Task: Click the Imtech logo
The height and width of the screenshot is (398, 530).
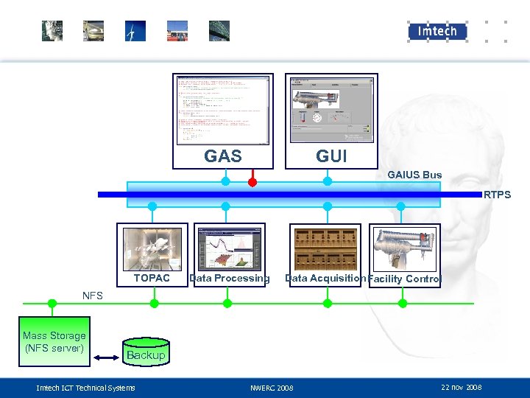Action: click(x=438, y=31)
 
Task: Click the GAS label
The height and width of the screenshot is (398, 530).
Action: click(x=222, y=156)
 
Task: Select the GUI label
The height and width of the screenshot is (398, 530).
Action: click(x=331, y=156)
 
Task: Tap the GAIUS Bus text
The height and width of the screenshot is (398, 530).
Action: click(x=414, y=175)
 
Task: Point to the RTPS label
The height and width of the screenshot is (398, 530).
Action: click(x=498, y=195)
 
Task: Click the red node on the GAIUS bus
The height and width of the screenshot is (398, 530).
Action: click(x=252, y=181)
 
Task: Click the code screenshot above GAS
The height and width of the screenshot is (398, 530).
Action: click(x=223, y=109)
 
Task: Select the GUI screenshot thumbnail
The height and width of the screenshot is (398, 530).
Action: click(x=327, y=109)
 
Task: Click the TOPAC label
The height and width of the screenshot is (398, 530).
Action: click(x=152, y=278)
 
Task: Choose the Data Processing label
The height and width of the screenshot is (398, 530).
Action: click(x=230, y=278)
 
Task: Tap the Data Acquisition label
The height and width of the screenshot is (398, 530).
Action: click(x=325, y=278)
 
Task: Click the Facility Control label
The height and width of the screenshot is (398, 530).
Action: click(x=404, y=279)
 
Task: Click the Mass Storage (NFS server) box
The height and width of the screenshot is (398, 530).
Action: click(x=54, y=342)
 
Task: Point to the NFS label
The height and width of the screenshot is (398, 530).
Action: click(x=93, y=296)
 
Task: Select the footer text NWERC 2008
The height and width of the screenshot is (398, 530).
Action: click(x=272, y=388)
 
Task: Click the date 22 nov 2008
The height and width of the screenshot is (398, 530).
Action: click(x=461, y=387)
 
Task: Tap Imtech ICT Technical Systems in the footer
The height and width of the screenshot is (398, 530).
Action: click(x=86, y=388)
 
